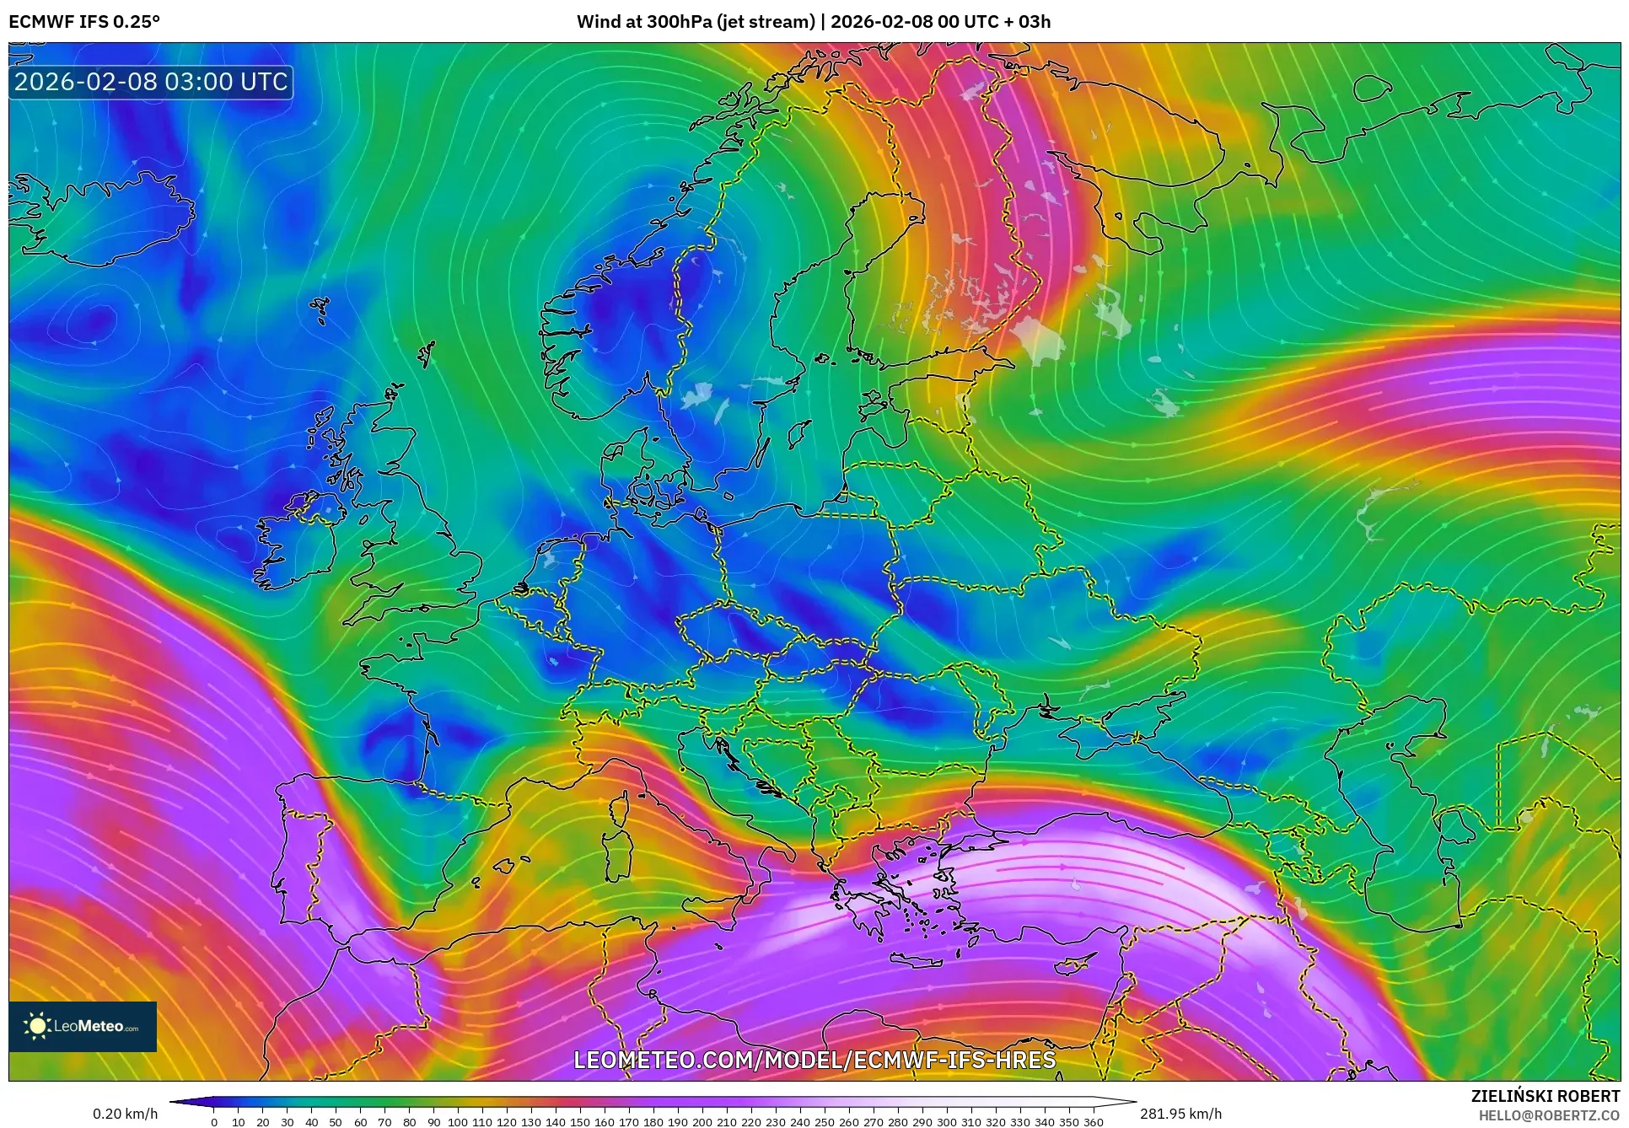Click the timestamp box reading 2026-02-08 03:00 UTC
[x=151, y=82]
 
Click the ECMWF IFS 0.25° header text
[x=84, y=21]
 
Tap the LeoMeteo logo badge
[x=83, y=1026]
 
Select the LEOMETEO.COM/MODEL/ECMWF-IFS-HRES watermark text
[x=814, y=1060]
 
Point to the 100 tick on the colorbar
[x=458, y=1121]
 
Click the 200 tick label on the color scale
[x=702, y=1121]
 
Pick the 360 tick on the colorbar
[x=1093, y=1121]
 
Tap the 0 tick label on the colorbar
[x=214, y=1121]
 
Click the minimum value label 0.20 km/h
[x=125, y=1114]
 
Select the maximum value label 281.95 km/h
[x=1180, y=1114]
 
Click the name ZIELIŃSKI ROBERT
[x=1545, y=1096]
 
